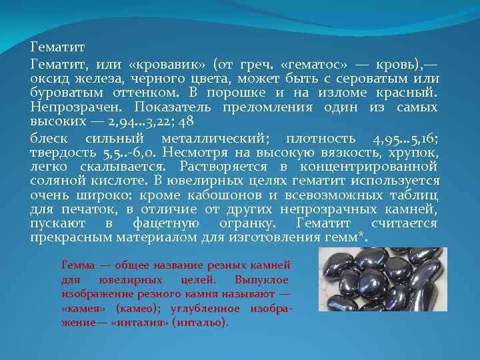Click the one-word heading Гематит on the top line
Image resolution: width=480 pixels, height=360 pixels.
tap(57, 48)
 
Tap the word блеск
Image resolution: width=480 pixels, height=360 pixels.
tap(49, 138)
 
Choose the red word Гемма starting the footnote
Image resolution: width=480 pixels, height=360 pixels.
tap(77, 265)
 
